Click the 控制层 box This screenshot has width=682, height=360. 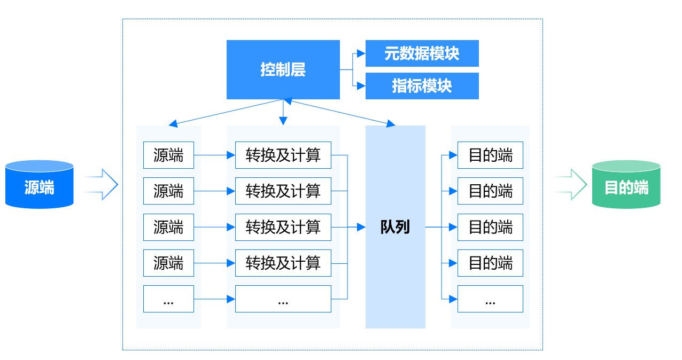pyautogui.click(x=283, y=69)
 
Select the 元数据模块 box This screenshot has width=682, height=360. pyautogui.click(x=422, y=53)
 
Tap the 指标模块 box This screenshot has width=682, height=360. pyautogui.click(x=422, y=86)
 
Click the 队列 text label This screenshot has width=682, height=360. pyautogui.click(x=395, y=227)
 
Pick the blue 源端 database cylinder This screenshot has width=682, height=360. pyautogui.click(x=39, y=184)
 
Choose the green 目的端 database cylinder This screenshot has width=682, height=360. pyautogui.click(x=626, y=184)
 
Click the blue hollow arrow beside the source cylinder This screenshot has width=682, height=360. pyautogui.click(x=101, y=184)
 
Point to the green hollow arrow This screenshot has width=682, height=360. pyautogui.click(x=570, y=184)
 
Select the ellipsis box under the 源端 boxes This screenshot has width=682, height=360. pyautogui.click(x=168, y=299)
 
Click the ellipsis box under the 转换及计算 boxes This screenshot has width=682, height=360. pyautogui.click(x=283, y=299)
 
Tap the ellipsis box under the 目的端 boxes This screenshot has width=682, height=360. pyautogui.click(x=490, y=299)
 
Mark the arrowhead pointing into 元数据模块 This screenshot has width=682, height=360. pyautogui.click(x=361, y=53)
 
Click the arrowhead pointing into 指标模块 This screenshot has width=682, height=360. pyautogui.click(x=361, y=86)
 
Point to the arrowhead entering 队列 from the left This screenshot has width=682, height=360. pyautogui.click(x=361, y=227)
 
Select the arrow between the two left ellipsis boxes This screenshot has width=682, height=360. pyautogui.click(x=214, y=299)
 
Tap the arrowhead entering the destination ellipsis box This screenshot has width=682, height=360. pyautogui.click(x=453, y=299)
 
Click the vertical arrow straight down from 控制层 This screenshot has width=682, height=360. pyautogui.click(x=283, y=112)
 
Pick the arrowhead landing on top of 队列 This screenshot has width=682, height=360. pyautogui.click(x=391, y=123)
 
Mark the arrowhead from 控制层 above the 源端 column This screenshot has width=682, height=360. pyautogui.click(x=173, y=123)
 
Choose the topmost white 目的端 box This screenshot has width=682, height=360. pyautogui.click(x=490, y=155)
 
